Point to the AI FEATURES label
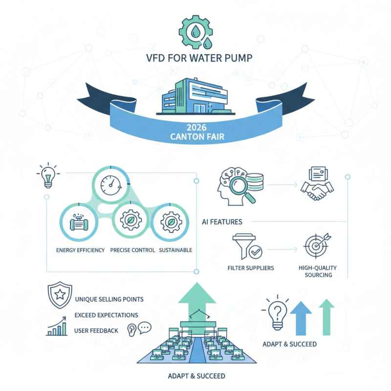[222, 222]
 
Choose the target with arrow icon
[314, 246]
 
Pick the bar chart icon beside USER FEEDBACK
[57, 328]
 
